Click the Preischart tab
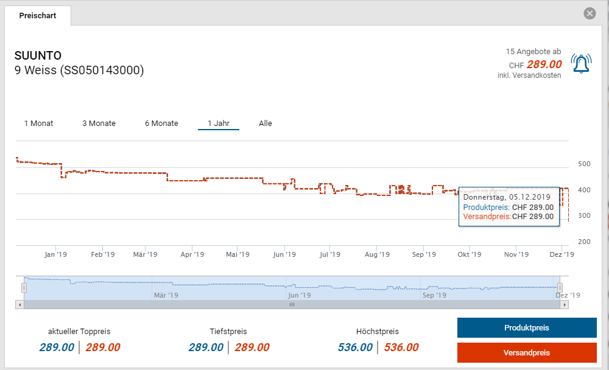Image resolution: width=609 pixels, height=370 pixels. point(38,16)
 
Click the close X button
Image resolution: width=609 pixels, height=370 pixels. point(590,13)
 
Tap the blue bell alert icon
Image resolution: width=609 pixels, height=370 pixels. point(581,63)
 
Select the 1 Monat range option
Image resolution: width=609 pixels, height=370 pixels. point(38,124)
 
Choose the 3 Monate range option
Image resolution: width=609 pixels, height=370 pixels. point(99,124)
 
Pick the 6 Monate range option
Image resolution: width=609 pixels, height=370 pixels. point(161,124)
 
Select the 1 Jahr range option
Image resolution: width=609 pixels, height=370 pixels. point(218,124)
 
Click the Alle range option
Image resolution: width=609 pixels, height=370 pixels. point(266,124)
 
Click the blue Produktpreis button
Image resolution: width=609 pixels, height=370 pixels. point(527,328)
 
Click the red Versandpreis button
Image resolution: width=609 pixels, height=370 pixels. point(527,353)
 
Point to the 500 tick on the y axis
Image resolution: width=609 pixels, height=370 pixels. point(585,164)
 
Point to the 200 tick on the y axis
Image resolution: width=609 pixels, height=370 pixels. point(585,242)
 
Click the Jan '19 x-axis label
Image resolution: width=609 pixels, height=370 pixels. point(56,254)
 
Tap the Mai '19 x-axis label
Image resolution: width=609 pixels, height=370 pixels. point(238,254)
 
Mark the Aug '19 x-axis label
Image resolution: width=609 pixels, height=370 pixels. point(377,254)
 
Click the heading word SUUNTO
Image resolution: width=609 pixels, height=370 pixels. point(38,56)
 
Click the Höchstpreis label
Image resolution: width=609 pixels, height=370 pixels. point(378,332)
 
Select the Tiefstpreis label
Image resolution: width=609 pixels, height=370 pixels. point(228,332)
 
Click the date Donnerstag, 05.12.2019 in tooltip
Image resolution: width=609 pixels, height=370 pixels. point(507,197)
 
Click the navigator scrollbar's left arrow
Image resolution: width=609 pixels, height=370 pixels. point(20,304)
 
